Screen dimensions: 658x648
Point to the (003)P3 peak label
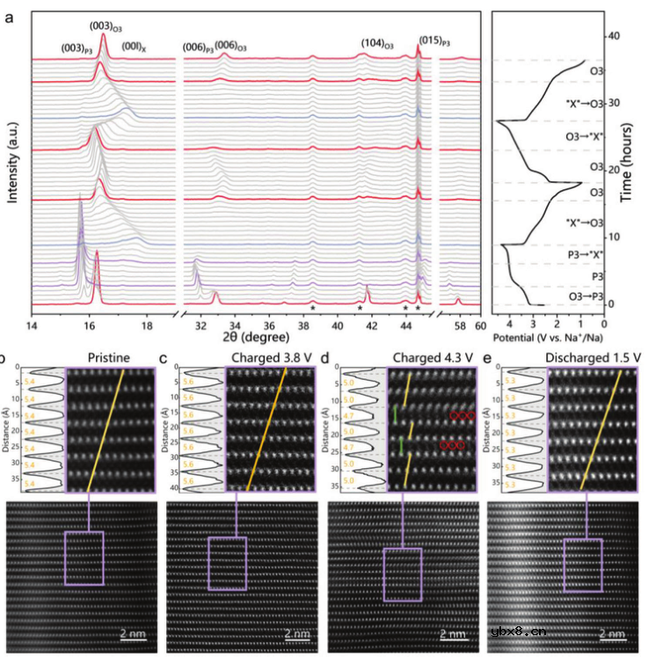pos(76,48)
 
